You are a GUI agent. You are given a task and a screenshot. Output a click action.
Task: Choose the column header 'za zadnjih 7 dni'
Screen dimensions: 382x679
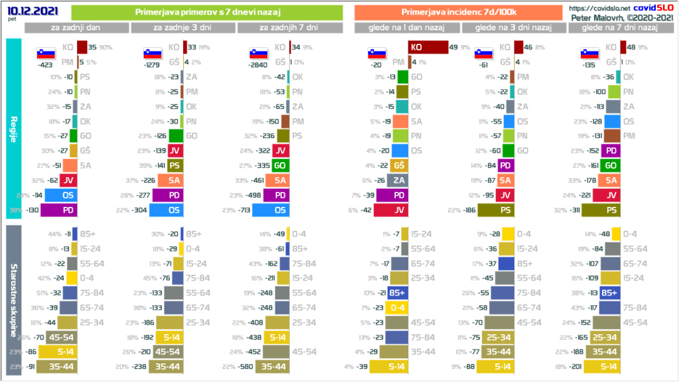point(288,28)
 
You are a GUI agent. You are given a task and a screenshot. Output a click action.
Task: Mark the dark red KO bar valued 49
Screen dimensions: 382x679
point(428,47)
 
